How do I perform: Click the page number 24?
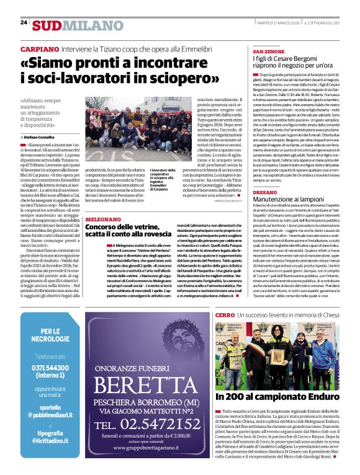(24, 23)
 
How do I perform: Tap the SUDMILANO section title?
(69, 25)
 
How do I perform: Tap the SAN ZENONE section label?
(269, 50)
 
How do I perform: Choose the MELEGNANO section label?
(104, 218)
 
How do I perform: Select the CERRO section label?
(225, 315)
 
